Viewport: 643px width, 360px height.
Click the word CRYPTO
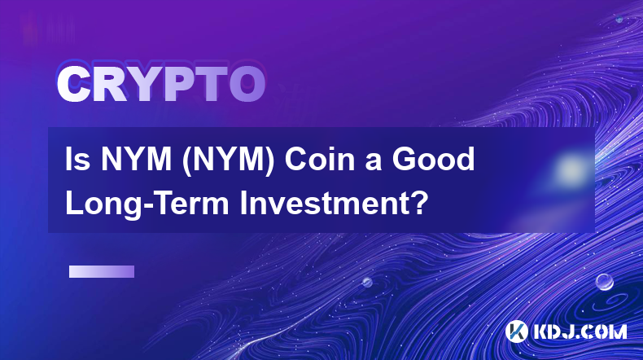[161, 84]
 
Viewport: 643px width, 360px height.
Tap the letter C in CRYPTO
[73, 84]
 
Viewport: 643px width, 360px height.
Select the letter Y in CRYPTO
[143, 84]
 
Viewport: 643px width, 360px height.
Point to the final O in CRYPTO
[247, 84]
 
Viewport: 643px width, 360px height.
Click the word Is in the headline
[77, 159]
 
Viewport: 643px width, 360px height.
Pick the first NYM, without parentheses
[136, 159]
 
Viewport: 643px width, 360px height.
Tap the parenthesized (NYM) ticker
[229, 160]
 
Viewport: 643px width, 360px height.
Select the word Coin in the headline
[318, 159]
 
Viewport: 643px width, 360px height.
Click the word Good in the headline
[434, 159]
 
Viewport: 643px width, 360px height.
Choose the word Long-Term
[147, 204]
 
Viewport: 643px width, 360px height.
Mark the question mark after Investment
[418, 203]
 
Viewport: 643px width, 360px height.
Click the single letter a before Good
[372, 162]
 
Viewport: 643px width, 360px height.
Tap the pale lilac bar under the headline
[102, 272]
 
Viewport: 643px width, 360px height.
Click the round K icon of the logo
[517, 331]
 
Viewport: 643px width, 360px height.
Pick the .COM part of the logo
[605, 331]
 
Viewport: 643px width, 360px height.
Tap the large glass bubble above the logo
[604, 282]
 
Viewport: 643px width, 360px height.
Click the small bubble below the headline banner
[367, 282]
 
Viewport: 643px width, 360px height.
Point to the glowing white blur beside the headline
[571, 169]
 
